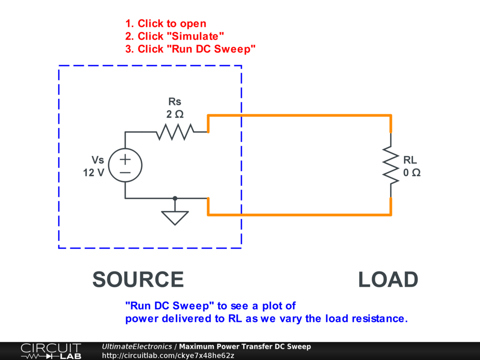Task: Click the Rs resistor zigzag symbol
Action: [x=175, y=132]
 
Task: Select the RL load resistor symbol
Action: [x=390, y=165]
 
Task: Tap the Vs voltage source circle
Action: [x=125, y=165]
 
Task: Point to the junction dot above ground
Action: [x=175, y=198]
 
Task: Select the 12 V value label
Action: [x=94, y=172]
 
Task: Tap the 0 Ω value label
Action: [x=412, y=172]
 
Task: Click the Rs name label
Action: [x=174, y=101]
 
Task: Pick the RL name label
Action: [x=410, y=160]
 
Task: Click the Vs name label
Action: [x=97, y=160]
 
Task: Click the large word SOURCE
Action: [x=138, y=280]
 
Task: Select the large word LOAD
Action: [x=388, y=280]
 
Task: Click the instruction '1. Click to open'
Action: [x=165, y=23]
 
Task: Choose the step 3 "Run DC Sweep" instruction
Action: [x=190, y=49]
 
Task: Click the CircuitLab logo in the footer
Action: [x=50, y=351]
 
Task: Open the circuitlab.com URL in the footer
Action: [x=168, y=355]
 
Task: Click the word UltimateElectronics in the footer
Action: [x=137, y=346]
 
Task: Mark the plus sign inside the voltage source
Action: [x=125, y=159]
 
